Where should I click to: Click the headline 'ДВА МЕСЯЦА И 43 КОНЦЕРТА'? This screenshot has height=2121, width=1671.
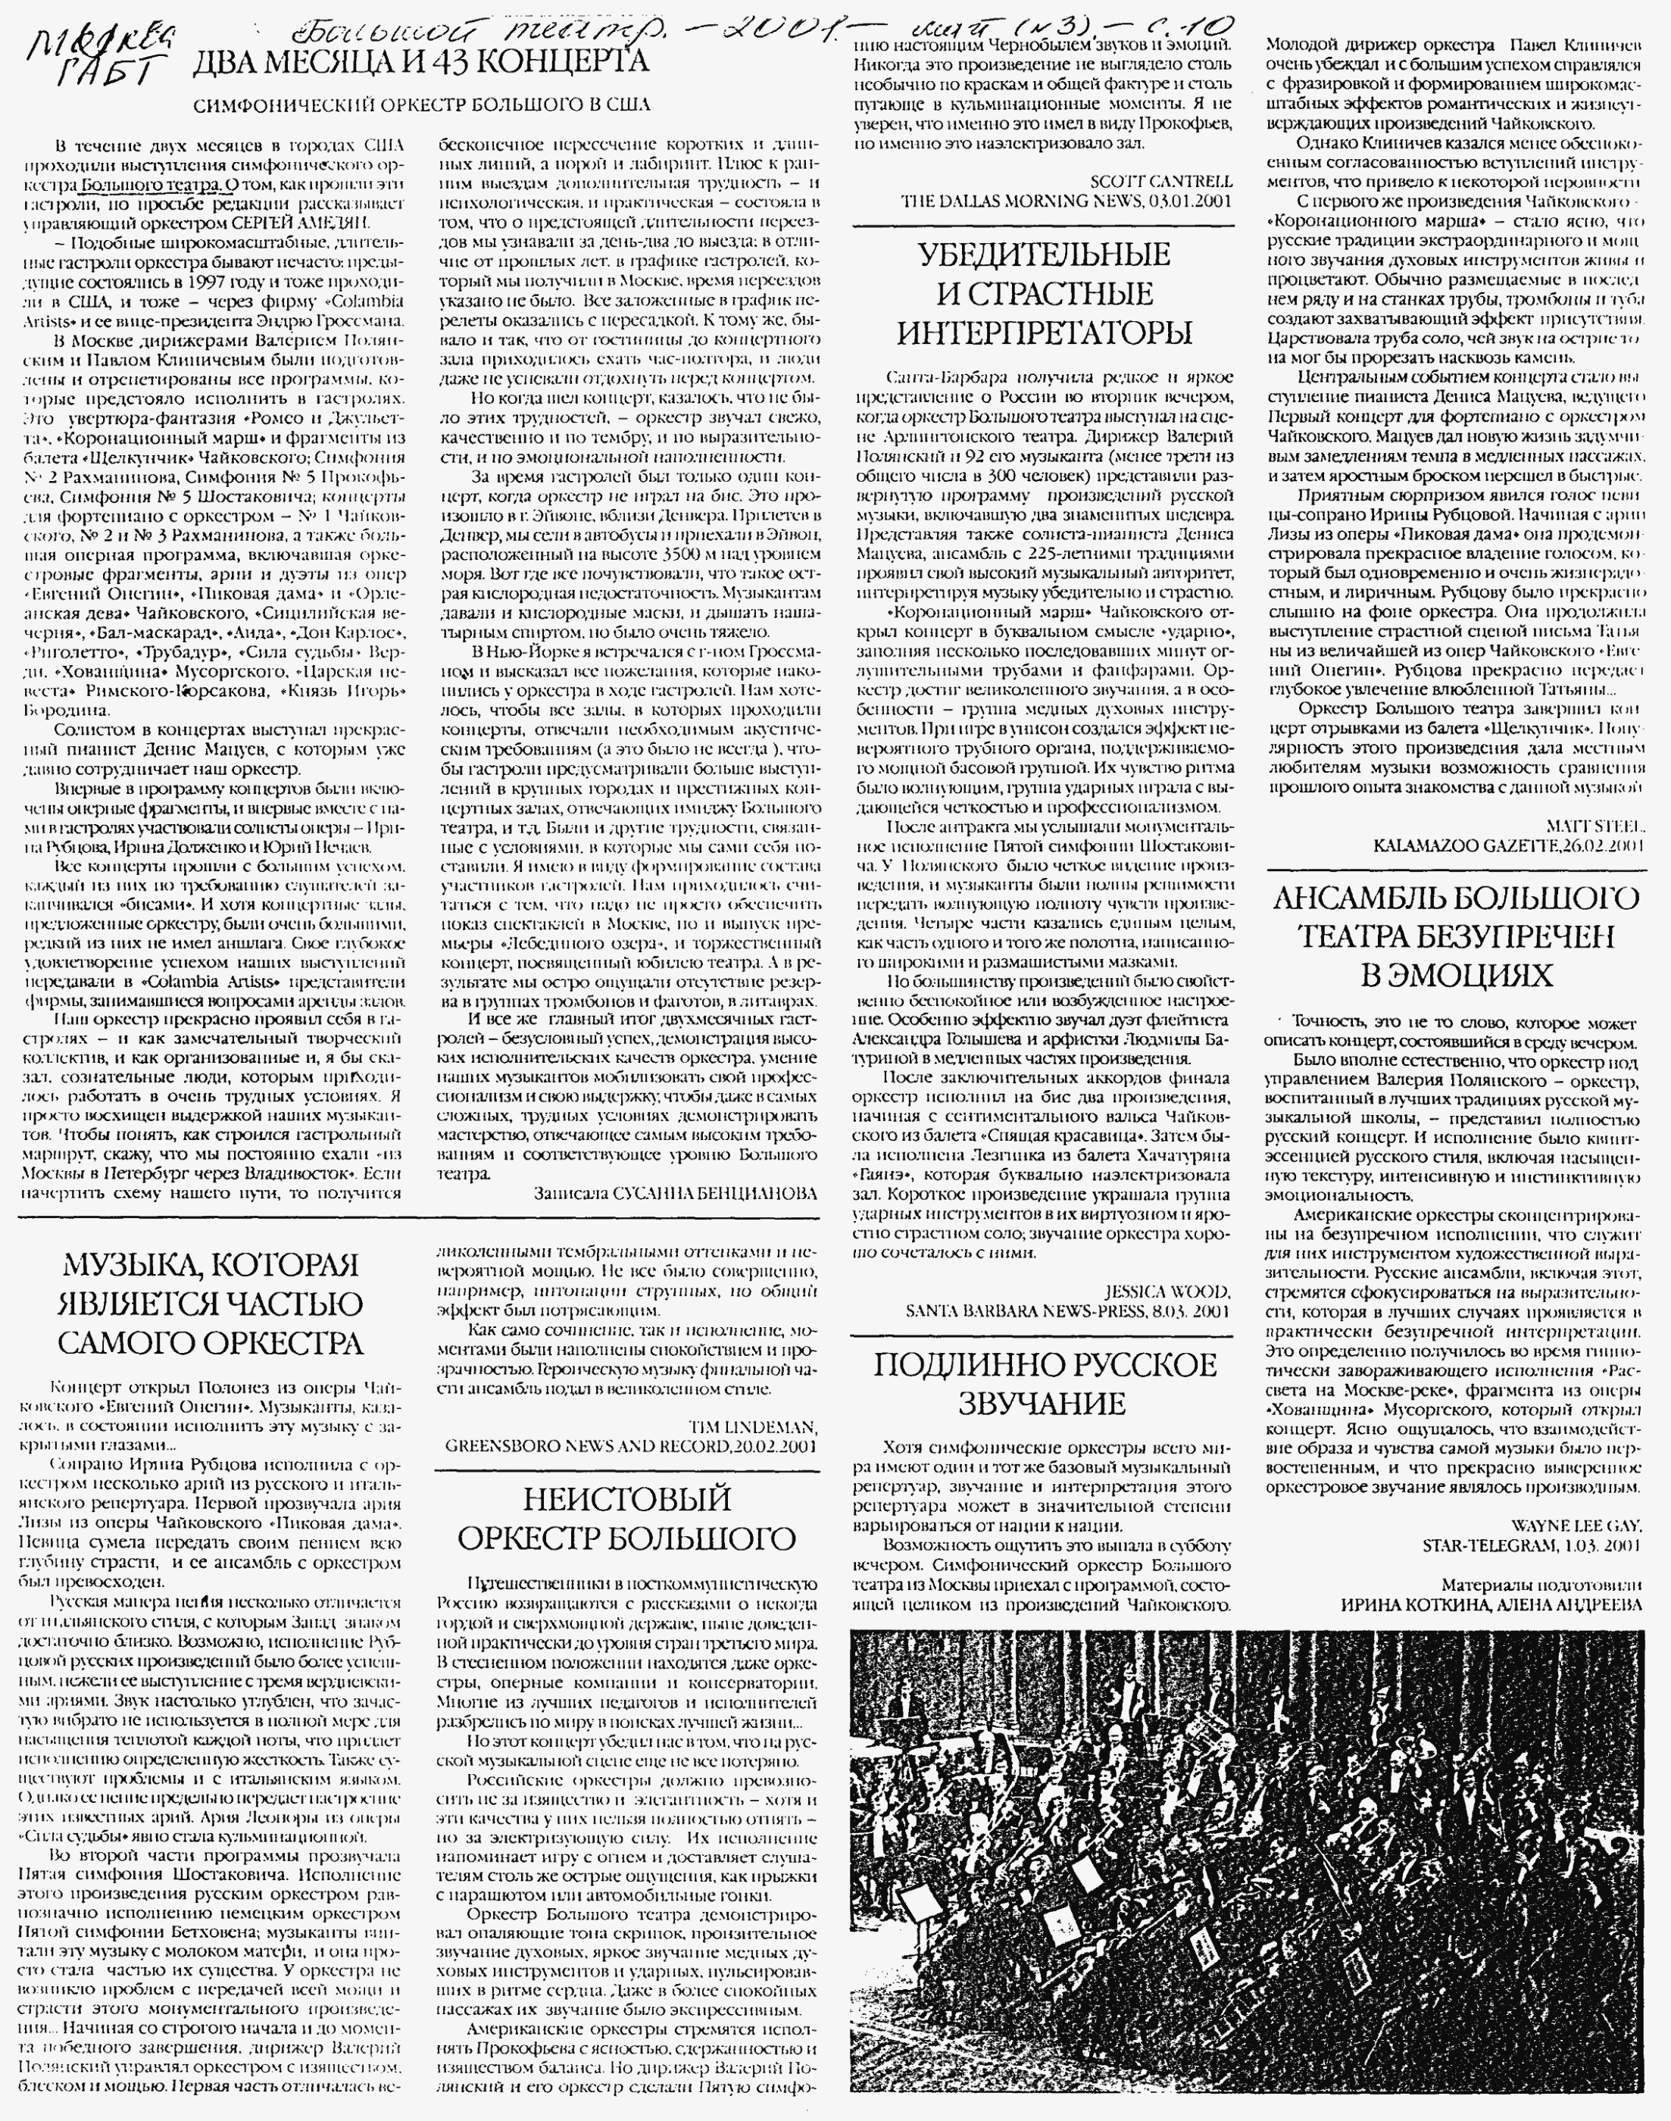coord(420,64)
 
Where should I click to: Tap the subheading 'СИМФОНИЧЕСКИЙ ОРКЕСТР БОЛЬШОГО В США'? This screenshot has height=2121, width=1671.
coord(422,105)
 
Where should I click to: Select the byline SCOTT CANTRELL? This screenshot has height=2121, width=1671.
coord(1161,182)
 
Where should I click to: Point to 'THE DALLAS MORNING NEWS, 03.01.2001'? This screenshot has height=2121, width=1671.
coord(1067,201)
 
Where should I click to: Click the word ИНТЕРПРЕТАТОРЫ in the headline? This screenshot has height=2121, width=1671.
coord(1044,333)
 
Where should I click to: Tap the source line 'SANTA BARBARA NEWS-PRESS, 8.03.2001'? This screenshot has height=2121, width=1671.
coord(1067,1310)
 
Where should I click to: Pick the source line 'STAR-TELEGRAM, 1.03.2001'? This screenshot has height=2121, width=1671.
coord(1533,1544)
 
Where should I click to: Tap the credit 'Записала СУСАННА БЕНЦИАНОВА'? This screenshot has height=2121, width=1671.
coord(675,1194)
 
